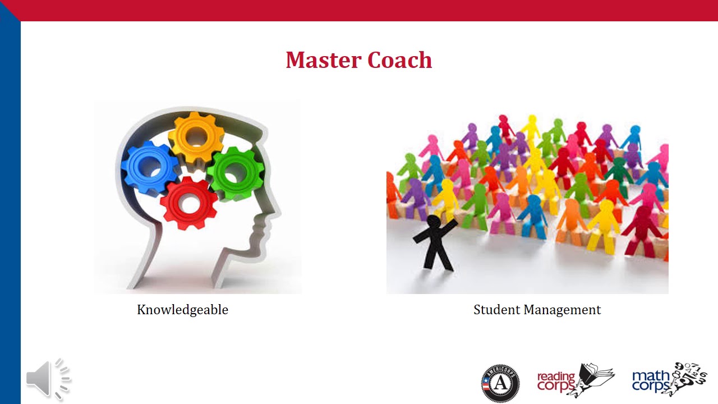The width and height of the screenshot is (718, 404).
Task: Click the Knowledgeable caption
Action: click(182, 309)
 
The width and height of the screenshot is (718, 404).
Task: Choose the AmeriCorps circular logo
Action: click(500, 383)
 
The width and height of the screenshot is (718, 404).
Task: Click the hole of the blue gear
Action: click(149, 167)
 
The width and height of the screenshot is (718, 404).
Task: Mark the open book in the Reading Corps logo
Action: click(598, 374)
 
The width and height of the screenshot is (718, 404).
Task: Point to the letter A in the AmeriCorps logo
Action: click(500, 385)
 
